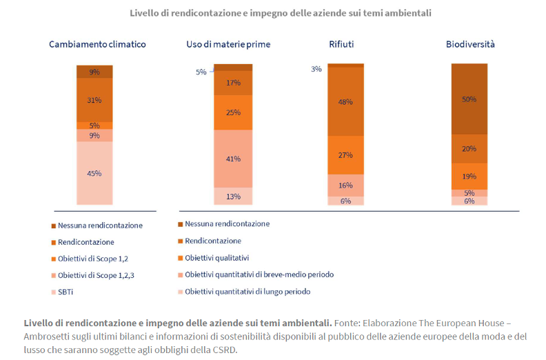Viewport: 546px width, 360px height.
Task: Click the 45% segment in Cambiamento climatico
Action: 94,173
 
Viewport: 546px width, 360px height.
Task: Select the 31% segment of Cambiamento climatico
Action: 94,100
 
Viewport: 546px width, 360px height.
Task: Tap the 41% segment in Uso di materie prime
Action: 233,159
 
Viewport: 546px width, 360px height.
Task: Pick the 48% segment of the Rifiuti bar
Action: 345,101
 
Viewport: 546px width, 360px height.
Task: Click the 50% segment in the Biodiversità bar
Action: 469,99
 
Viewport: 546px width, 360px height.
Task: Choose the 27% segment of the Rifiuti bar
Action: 345,155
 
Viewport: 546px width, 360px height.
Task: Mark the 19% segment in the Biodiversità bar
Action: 469,176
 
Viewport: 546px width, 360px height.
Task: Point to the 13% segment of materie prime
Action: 233,197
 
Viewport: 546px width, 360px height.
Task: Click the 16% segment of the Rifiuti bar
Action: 345,185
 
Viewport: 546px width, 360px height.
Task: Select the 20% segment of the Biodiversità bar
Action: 469,148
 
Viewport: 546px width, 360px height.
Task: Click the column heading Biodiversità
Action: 470,44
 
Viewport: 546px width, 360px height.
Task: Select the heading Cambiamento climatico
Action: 97,44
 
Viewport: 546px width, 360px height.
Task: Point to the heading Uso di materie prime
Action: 228,44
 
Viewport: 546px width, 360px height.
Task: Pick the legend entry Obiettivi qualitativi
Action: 216,258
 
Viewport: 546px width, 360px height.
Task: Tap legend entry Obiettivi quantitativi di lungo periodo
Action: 247,292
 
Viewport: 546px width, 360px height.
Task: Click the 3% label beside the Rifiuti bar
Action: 316,68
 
